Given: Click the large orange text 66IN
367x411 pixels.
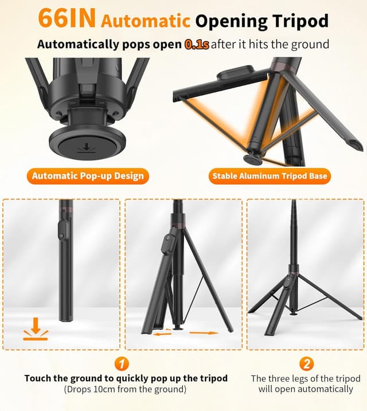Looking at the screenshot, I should click(x=67, y=19).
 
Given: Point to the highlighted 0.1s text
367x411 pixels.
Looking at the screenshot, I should click(x=197, y=44).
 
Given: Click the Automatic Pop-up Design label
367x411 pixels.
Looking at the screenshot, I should click(x=88, y=175).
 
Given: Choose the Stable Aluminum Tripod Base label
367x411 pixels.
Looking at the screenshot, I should click(x=270, y=175).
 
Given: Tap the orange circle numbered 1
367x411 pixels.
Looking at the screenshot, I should click(x=122, y=363).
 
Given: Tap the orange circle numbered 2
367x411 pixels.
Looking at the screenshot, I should click(x=306, y=363).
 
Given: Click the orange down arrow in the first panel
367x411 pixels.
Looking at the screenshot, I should click(x=36, y=329).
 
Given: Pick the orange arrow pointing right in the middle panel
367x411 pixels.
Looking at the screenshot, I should click(x=204, y=332).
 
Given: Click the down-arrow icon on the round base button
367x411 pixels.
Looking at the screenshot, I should click(x=85, y=148).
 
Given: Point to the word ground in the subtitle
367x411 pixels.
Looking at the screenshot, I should click(x=307, y=44).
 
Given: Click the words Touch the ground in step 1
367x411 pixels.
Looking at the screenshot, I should click(x=56, y=378).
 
